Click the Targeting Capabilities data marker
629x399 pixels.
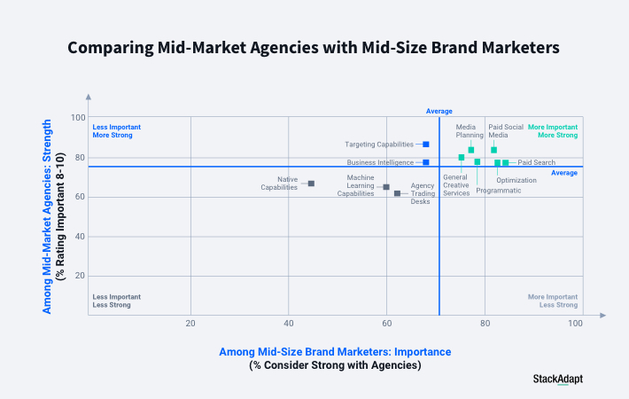(x=426, y=144)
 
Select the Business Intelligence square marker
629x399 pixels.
(x=426, y=162)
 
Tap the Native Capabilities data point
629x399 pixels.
(x=311, y=184)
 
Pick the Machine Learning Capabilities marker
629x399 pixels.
(x=386, y=187)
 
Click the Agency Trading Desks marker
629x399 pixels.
(x=397, y=193)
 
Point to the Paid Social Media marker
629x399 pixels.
(x=494, y=150)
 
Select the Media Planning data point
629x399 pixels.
(x=471, y=150)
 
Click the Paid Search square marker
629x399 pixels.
(x=506, y=162)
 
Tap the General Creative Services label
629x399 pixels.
(x=456, y=185)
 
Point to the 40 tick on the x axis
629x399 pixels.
(x=289, y=324)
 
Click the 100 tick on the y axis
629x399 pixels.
(x=78, y=118)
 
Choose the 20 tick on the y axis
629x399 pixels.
(x=80, y=276)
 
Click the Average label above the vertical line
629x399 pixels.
(x=439, y=111)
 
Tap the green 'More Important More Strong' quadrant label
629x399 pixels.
(x=553, y=131)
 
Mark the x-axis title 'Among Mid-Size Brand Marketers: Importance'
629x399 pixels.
(x=335, y=352)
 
